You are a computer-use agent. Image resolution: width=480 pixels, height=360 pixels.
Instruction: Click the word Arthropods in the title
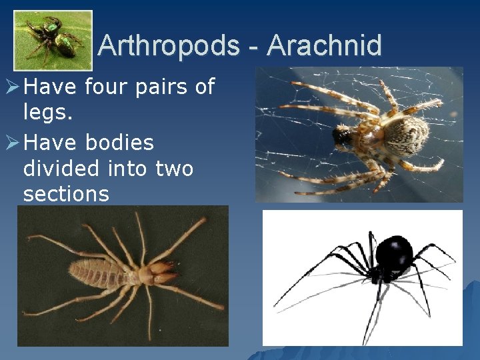(168, 45)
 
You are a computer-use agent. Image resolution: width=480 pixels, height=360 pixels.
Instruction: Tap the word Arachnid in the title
(324, 45)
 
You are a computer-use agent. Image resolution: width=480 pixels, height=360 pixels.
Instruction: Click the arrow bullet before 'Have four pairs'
(11, 87)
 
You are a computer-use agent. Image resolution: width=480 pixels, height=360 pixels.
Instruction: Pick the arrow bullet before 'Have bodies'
(11, 143)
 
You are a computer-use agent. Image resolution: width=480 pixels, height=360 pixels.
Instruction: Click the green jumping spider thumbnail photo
(53, 40)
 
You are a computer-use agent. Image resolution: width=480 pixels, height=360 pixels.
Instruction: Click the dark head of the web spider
(342, 137)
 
